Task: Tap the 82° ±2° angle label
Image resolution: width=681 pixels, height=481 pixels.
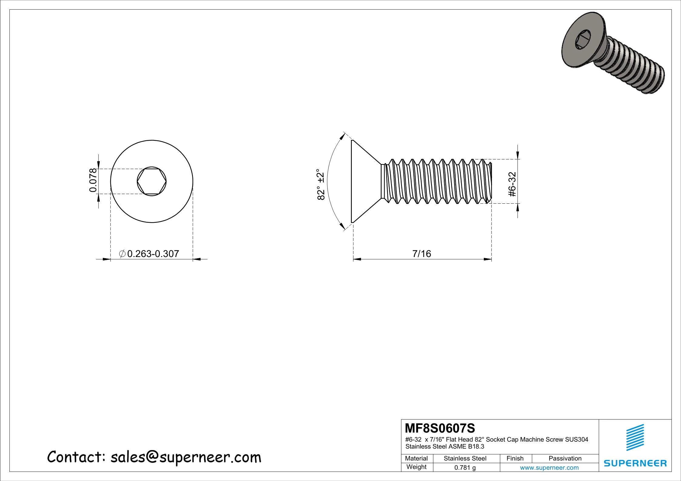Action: pos(321,184)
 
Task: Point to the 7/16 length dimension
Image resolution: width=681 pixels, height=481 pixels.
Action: pos(422,253)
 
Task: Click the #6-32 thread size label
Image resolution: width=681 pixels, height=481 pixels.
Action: pos(512,184)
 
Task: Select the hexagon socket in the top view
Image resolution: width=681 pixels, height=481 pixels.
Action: pos(151,182)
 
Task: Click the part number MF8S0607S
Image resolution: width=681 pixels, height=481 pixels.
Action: pos(440,428)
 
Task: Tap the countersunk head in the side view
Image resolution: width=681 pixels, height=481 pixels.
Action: pos(364,182)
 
